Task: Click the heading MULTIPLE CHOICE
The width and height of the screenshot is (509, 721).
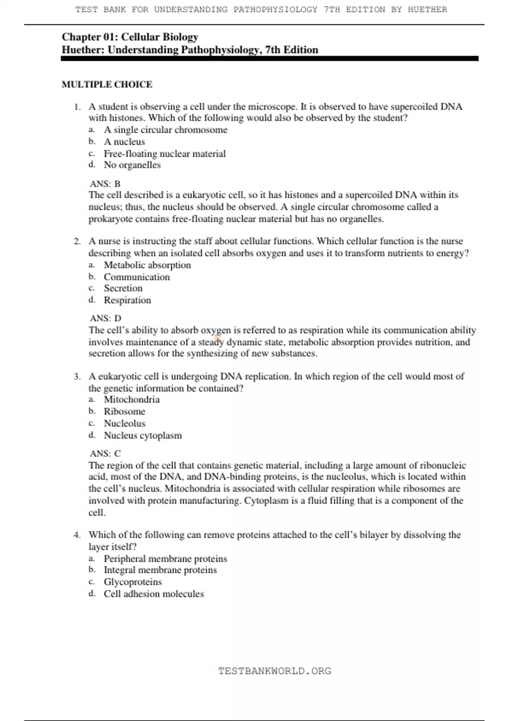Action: [107, 84]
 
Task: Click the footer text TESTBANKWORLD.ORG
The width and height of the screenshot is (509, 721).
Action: [274, 671]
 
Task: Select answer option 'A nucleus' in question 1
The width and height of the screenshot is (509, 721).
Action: [124, 142]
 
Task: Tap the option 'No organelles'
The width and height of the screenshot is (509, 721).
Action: [132, 165]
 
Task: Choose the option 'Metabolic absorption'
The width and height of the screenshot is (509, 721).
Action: [147, 265]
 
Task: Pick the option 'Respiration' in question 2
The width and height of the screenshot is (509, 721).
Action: [127, 300]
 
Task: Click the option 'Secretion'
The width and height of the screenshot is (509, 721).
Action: [123, 288]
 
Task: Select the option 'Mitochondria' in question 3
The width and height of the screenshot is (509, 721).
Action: [131, 400]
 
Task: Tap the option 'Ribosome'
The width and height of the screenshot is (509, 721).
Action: [124, 411]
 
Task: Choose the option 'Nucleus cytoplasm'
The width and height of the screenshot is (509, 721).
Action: [143, 436]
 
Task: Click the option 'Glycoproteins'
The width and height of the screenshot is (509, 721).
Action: [133, 582]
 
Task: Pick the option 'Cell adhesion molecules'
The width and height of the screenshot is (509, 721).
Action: [154, 594]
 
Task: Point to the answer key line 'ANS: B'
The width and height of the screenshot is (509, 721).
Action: [105, 184]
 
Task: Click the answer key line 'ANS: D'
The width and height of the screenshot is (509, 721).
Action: [106, 318]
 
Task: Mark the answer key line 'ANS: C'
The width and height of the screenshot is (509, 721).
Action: [105, 453]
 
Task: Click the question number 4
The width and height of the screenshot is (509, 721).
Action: [77, 535]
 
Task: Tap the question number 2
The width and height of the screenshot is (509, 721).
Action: [77, 241]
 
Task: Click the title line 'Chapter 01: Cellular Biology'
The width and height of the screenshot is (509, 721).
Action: [130, 37]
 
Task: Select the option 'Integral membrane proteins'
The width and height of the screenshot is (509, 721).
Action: [160, 570]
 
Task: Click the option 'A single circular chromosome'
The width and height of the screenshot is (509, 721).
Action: [165, 130]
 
